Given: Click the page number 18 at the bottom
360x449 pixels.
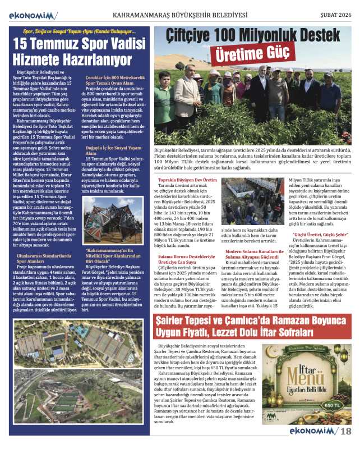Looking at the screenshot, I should [346, 431].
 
